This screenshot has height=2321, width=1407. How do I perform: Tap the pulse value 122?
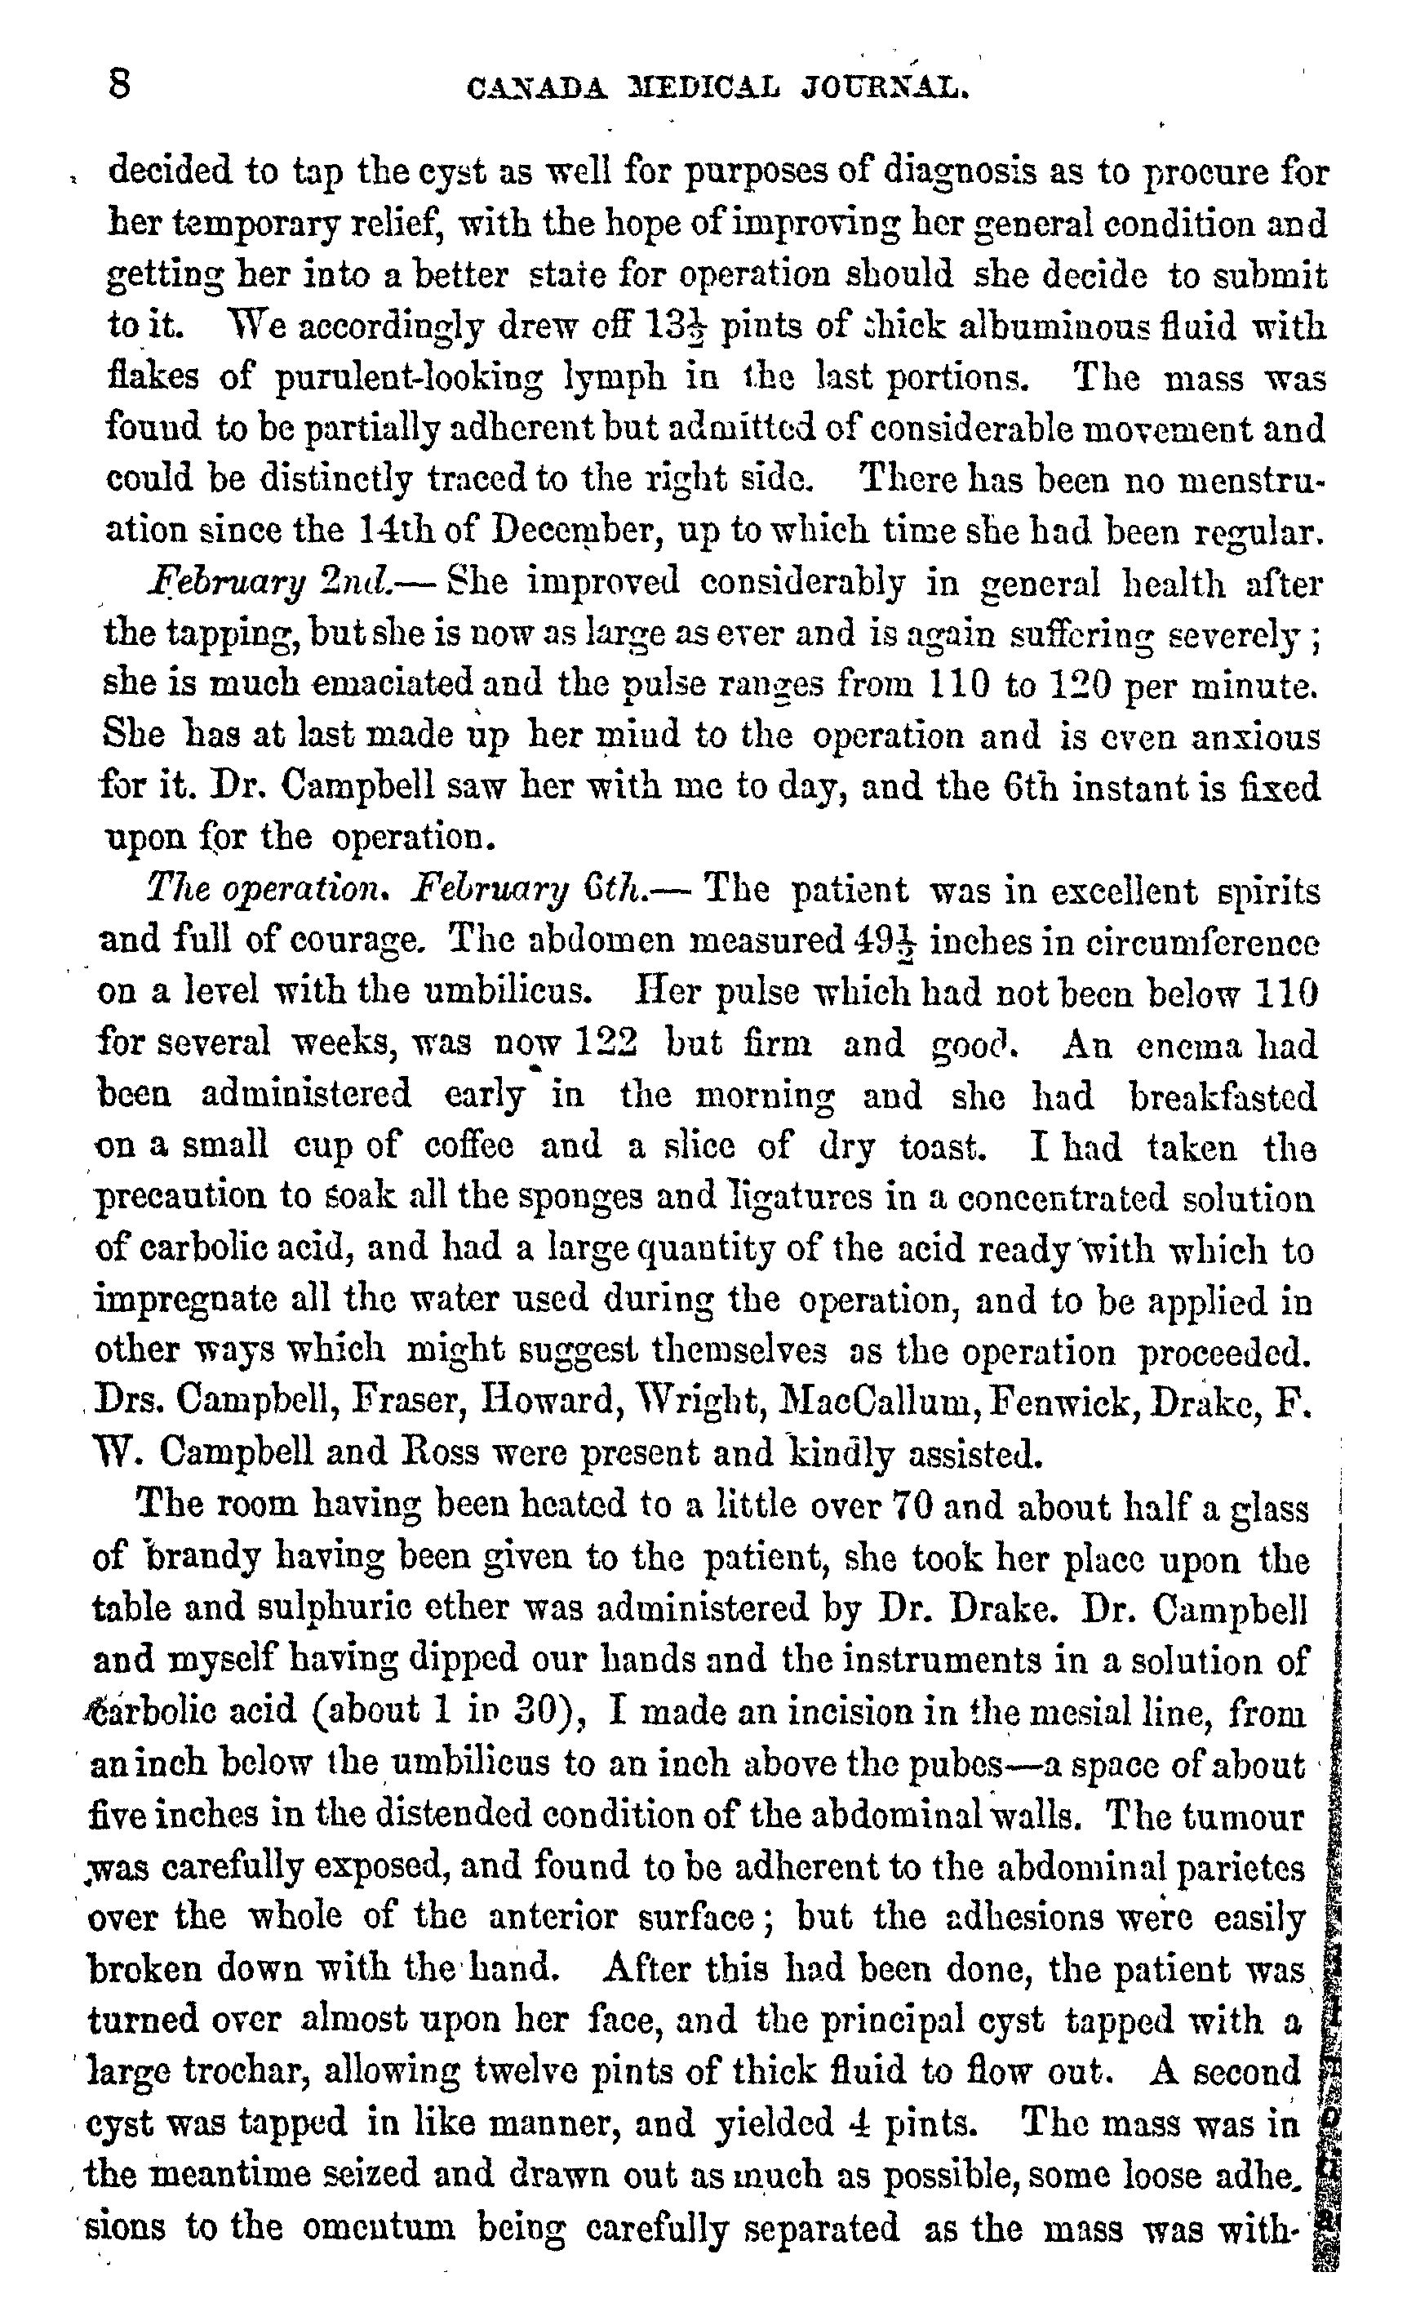click(x=606, y=1043)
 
